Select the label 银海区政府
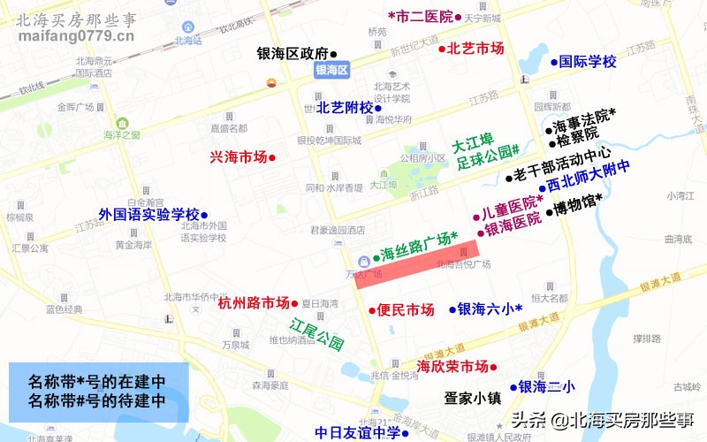[292, 52]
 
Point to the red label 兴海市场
[238, 157]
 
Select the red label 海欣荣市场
[452, 366]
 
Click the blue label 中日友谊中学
[357, 433]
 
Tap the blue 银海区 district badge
[333, 70]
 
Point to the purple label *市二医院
[421, 16]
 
